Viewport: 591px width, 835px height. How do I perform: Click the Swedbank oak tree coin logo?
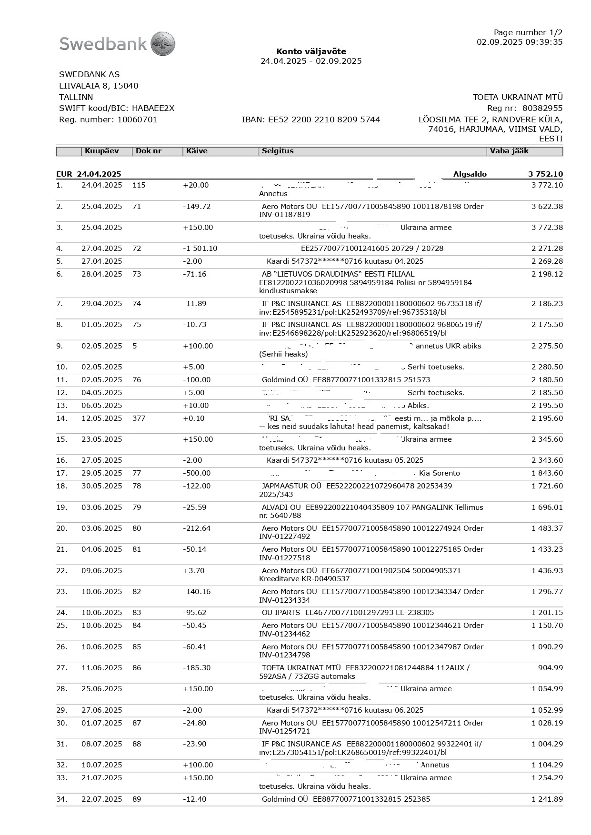pos(163,44)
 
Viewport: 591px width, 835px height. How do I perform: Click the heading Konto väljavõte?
pos(311,51)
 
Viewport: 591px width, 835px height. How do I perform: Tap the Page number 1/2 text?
pos(528,32)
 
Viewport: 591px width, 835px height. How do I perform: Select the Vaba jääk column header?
pos(509,151)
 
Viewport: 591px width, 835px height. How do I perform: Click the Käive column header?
pos(197,151)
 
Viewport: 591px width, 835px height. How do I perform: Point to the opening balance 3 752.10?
pos(545,174)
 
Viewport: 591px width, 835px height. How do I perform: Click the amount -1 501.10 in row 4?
pos(200,249)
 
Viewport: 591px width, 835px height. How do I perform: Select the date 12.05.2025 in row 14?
pos(101,418)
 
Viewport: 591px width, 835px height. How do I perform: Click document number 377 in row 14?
pos(139,418)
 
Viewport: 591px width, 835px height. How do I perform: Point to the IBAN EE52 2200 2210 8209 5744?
pos(311,119)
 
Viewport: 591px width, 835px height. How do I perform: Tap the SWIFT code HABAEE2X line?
pos(117,108)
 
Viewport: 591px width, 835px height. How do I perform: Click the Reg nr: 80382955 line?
pos(524,108)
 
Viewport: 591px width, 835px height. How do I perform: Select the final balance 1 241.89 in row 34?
pos(547,799)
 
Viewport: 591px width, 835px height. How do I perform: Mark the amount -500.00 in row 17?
pos(197,473)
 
